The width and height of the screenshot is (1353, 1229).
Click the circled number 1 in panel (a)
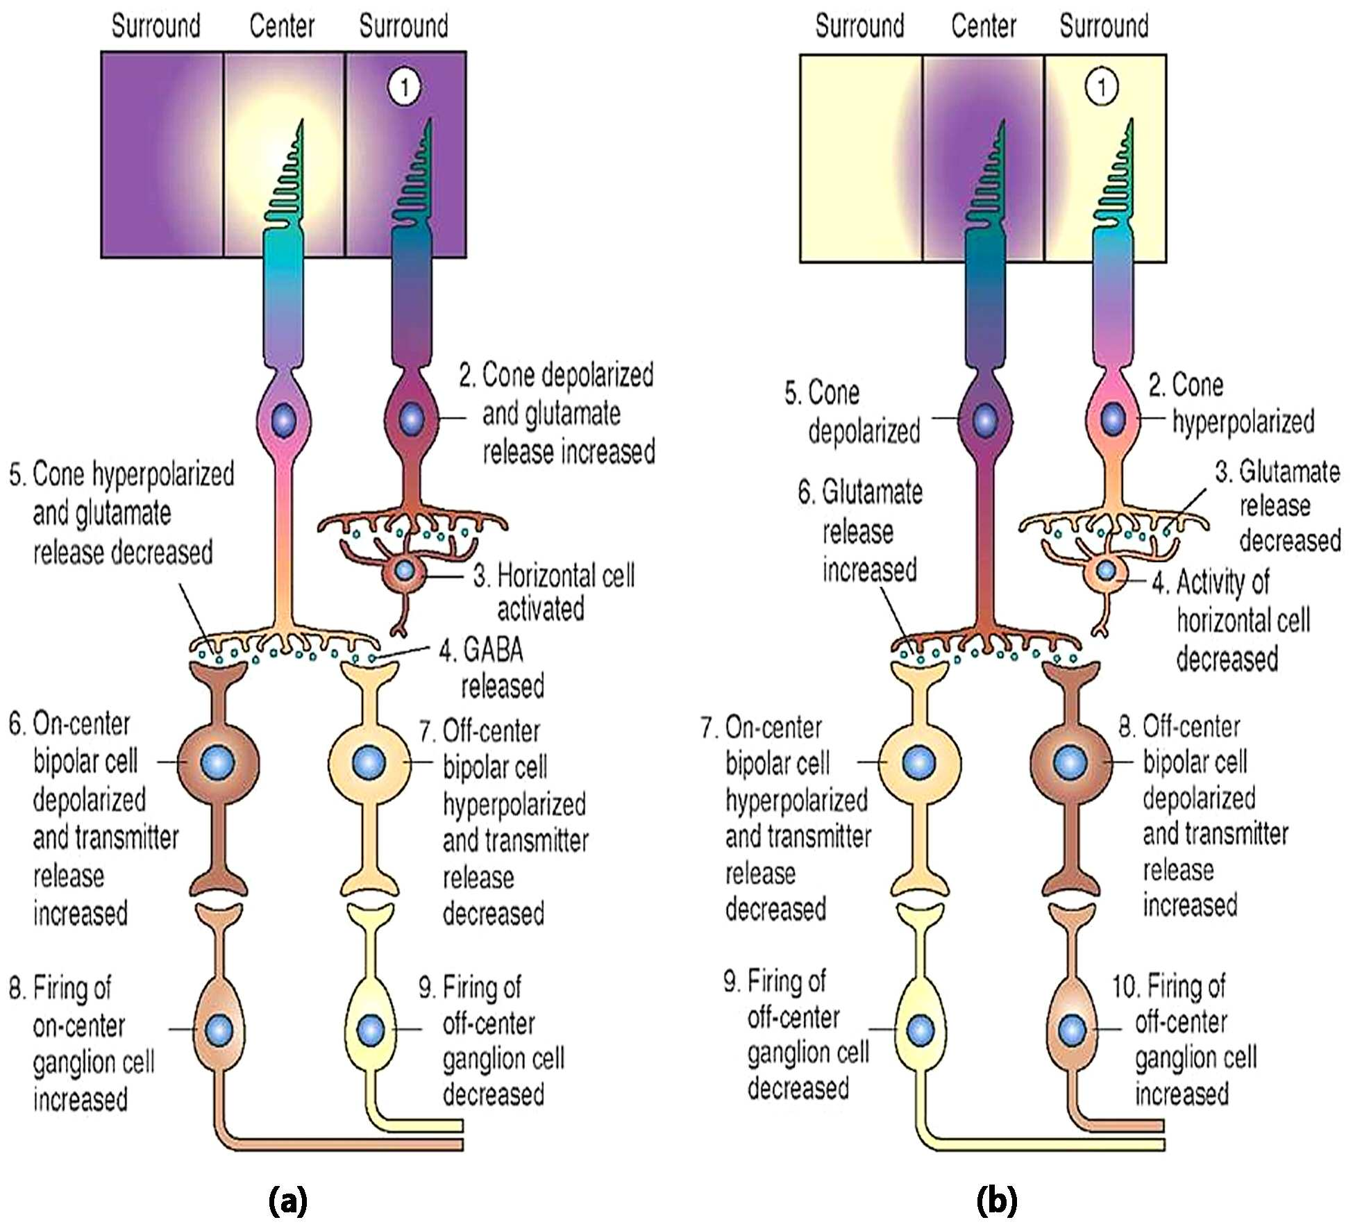(x=404, y=87)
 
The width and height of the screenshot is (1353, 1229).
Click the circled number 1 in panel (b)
(x=1102, y=87)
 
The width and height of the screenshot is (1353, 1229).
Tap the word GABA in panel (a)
(x=493, y=650)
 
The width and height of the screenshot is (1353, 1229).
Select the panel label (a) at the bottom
(x=287, y=1200)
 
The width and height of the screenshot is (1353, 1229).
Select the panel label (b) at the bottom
(x=996, y=1200)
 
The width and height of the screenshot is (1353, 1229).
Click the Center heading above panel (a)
(x=282, y=26)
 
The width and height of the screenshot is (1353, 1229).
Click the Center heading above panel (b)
(x=984, y=26)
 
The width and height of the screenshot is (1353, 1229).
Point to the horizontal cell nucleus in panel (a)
(x=404, y=571)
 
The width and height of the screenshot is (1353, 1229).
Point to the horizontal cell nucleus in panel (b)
(x=1106, y=571)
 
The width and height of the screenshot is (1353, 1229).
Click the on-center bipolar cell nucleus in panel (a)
(x=218, y=762)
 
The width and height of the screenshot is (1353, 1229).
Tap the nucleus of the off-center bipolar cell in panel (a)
(x=369, y=762)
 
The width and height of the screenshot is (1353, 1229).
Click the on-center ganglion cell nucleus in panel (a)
(x=220, y=1028)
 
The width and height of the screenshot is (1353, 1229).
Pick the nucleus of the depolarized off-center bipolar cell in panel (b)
(x=1070, y=762)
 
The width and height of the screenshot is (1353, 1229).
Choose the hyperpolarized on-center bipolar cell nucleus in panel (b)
(x=919, y=762)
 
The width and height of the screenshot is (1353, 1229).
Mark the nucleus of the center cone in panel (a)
(x=283, y=421)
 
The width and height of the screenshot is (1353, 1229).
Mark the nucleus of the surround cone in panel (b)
(x=1113, y=419)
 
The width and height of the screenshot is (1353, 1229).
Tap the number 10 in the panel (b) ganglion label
(x=1125, y=987)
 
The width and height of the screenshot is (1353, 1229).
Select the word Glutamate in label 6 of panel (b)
(x=873, y=492)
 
